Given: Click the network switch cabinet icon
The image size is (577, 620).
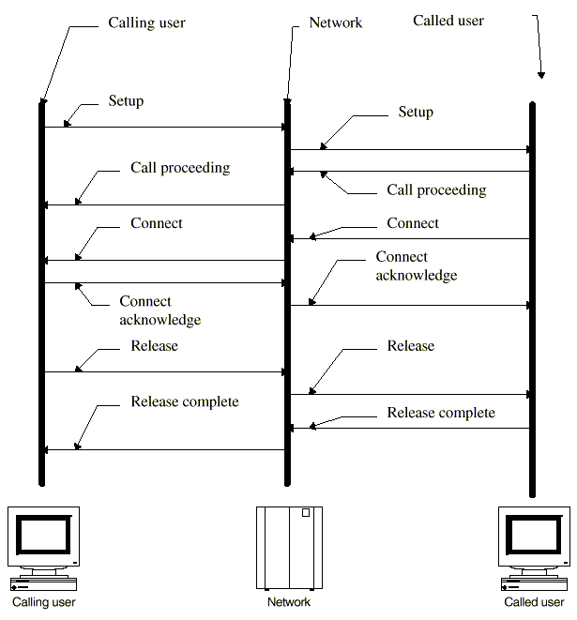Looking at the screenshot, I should [x=289, y=546].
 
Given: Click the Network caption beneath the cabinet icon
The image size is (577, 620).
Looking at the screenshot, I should [x=289, y=602].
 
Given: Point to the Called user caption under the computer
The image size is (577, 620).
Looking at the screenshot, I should [x=535, y=602].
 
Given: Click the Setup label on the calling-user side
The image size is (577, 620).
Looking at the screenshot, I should [x=126, y=100].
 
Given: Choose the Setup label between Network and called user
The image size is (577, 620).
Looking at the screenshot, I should [x=416, y=113].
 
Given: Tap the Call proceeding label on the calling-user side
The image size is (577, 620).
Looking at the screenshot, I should [x=180, y=169].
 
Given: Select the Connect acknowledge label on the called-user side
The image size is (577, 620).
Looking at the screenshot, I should [x=417, y=266].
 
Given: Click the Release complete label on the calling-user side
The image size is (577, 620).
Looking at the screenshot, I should [x=185, y=402].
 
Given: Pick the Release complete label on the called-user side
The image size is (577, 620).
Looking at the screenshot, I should [x=441, y=413].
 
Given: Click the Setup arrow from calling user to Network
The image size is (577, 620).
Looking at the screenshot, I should [x=164, y=127].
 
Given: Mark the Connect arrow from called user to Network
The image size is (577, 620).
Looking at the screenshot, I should [x=410, y=239].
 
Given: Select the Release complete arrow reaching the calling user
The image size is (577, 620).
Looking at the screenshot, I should [x=164, y=450].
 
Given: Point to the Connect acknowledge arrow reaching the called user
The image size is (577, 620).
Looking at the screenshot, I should [x=410, y=305].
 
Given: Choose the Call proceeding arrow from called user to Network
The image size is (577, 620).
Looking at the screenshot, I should [x=410, y=171].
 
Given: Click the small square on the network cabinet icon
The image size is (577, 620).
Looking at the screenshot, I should [x=306, y=513].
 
